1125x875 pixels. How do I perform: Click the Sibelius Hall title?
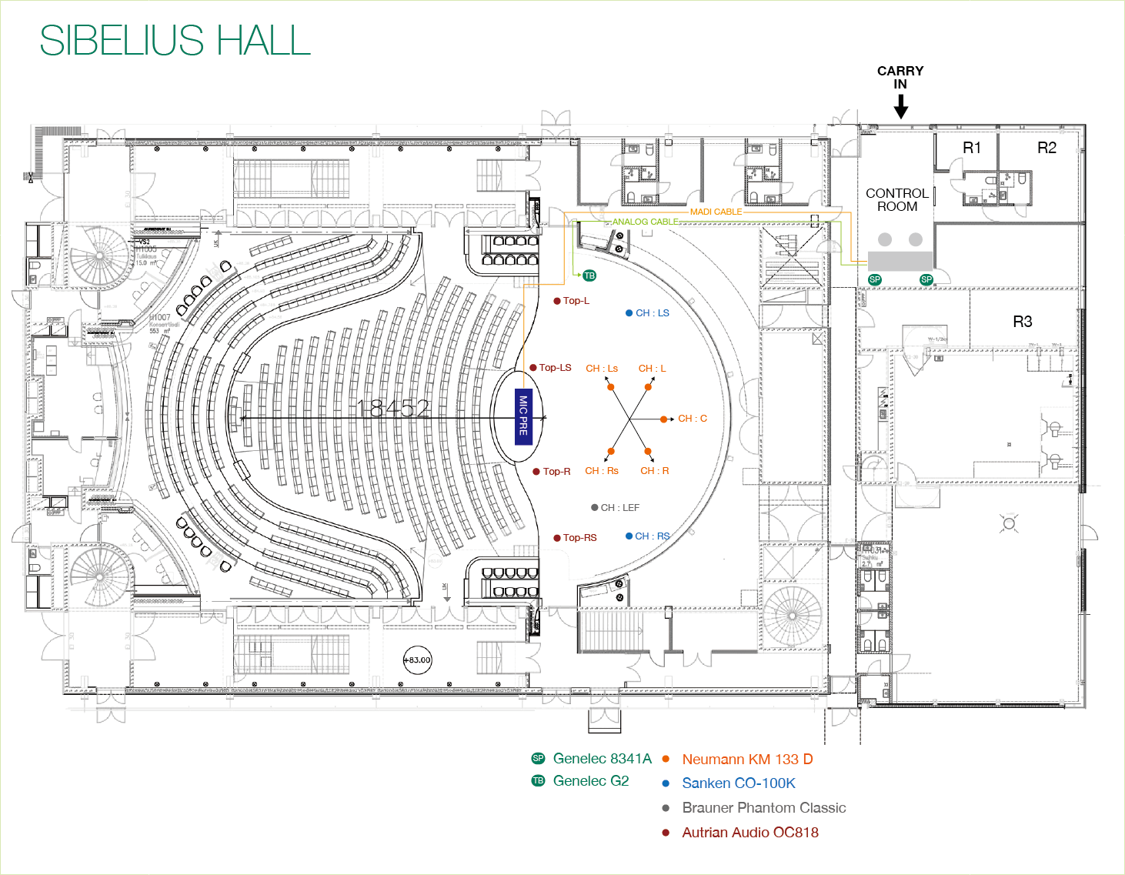pyautogui.click(x=175, y=41)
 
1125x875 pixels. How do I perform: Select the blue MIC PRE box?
pyautogui.click(x=523, y=416)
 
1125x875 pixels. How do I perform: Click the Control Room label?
pyautogui.click(x=896, y=200)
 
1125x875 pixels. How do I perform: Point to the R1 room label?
pyautogui.click(x=972, y=148)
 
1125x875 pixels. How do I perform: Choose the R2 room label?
pyautogui.click(x=1047, y=148)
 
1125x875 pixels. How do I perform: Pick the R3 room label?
pyautogui.click(x=1022, y=322)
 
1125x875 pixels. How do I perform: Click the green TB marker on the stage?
pyautogui.click(x=589, y=276)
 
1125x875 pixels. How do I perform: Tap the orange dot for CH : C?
pyautogui.click(x=663, y=419)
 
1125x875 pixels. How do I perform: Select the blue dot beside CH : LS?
pyautogui.click(x=629, y=313)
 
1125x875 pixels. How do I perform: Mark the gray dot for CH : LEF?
pyautogui.click(x=594, y=508)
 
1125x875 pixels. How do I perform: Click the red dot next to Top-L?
pyautogui.click(x=557, y=301)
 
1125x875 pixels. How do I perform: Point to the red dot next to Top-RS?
pyautogui.click(x=557, y=538)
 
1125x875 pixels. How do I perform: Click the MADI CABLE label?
pyautogui.click(x=716, y=212)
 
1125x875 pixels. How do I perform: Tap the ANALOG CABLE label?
pyautogui.click(x=645, y=222)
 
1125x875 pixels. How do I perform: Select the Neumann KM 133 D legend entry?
pyautogui.click(x=746, y=760)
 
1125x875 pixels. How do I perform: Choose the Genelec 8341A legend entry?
pyautogui.click(x=602, y=759)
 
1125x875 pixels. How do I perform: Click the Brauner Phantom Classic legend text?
pyautogui.click(x=763, y=808)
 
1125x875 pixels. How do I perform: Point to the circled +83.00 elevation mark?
pyautogui.click(x=418, y=660)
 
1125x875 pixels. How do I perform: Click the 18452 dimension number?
pyautogui.click(x=393, y=409)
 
